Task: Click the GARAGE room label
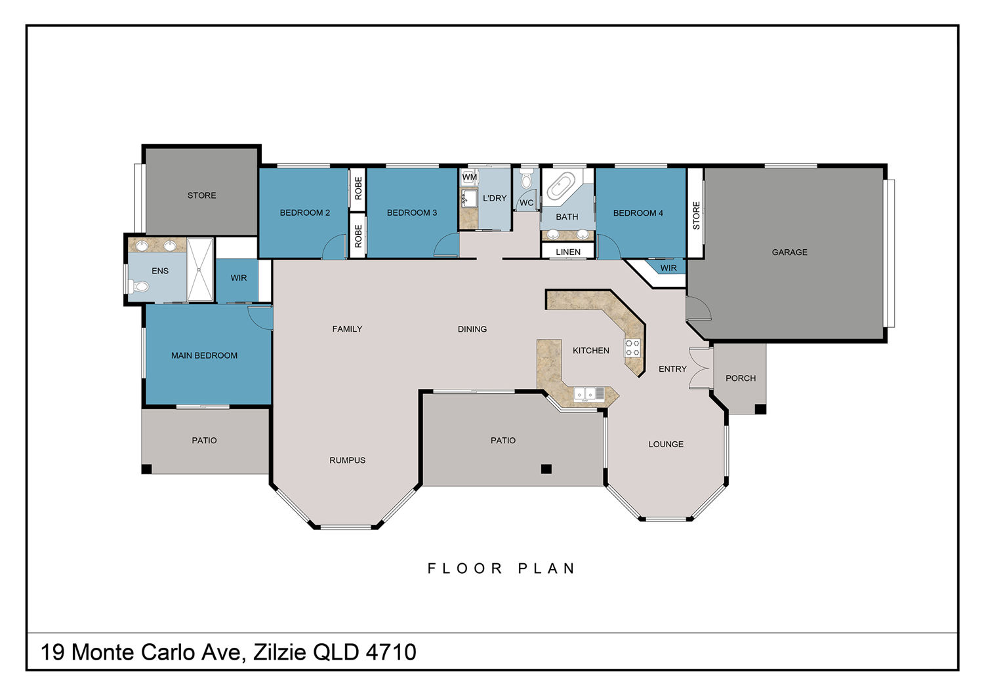tap(789, 252)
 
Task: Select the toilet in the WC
tap(526, 179)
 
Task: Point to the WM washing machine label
tap(470, 177)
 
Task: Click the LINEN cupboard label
tap(568, 252)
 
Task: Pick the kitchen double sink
tap(584, 394)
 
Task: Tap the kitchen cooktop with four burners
tap(632, 347)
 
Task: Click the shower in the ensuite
tap(200, 269)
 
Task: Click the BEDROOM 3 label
tap(411, 212)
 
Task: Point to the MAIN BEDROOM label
tap(204, 355)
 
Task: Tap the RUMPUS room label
tap(347, 460)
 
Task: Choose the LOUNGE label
tap(666, 444)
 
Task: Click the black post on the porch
tap(760, 408)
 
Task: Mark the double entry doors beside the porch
tap(700, 368)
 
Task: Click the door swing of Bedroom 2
tap(335, 247)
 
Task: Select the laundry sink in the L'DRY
tap(469, 198)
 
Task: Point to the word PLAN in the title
tap(546, 568)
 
